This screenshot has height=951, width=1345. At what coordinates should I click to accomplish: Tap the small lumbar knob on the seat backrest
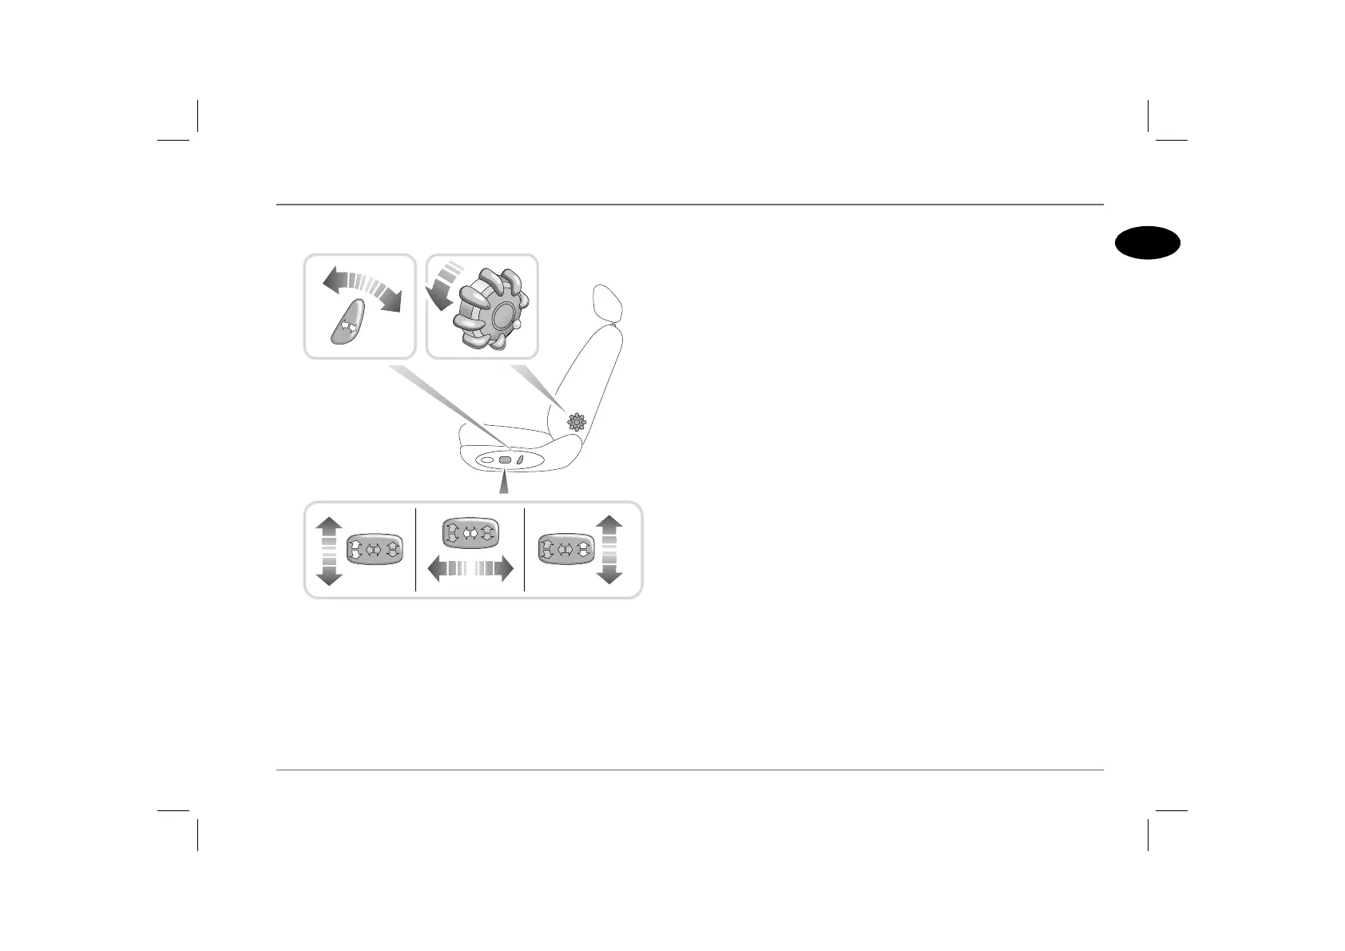coord(577,422)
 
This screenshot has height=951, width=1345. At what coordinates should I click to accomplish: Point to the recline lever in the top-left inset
coord(347,322)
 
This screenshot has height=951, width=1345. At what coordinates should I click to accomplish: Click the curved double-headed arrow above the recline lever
coord(362,288)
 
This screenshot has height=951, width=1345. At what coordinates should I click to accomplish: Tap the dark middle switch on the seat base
coord(505,460)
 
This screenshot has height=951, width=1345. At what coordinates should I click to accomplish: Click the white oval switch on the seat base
coord(487,460)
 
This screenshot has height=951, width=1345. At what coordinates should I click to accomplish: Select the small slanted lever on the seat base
coord(520,460)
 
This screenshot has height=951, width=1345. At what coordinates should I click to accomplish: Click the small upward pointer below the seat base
coord(503,484)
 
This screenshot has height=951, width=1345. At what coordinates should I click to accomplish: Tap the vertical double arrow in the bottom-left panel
coord(329,551)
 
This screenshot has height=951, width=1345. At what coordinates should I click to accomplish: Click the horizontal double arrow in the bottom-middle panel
coord(470,569)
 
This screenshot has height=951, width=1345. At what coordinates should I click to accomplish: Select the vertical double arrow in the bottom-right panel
coord(609,550)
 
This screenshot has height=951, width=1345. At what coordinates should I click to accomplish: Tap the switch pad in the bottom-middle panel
coord(470,532)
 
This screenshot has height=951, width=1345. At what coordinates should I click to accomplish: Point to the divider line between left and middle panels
coord(416,550)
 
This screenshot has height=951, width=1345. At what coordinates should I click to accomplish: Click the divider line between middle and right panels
coord(524,550)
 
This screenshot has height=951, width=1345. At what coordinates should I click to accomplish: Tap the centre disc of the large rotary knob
coord(505,313)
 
